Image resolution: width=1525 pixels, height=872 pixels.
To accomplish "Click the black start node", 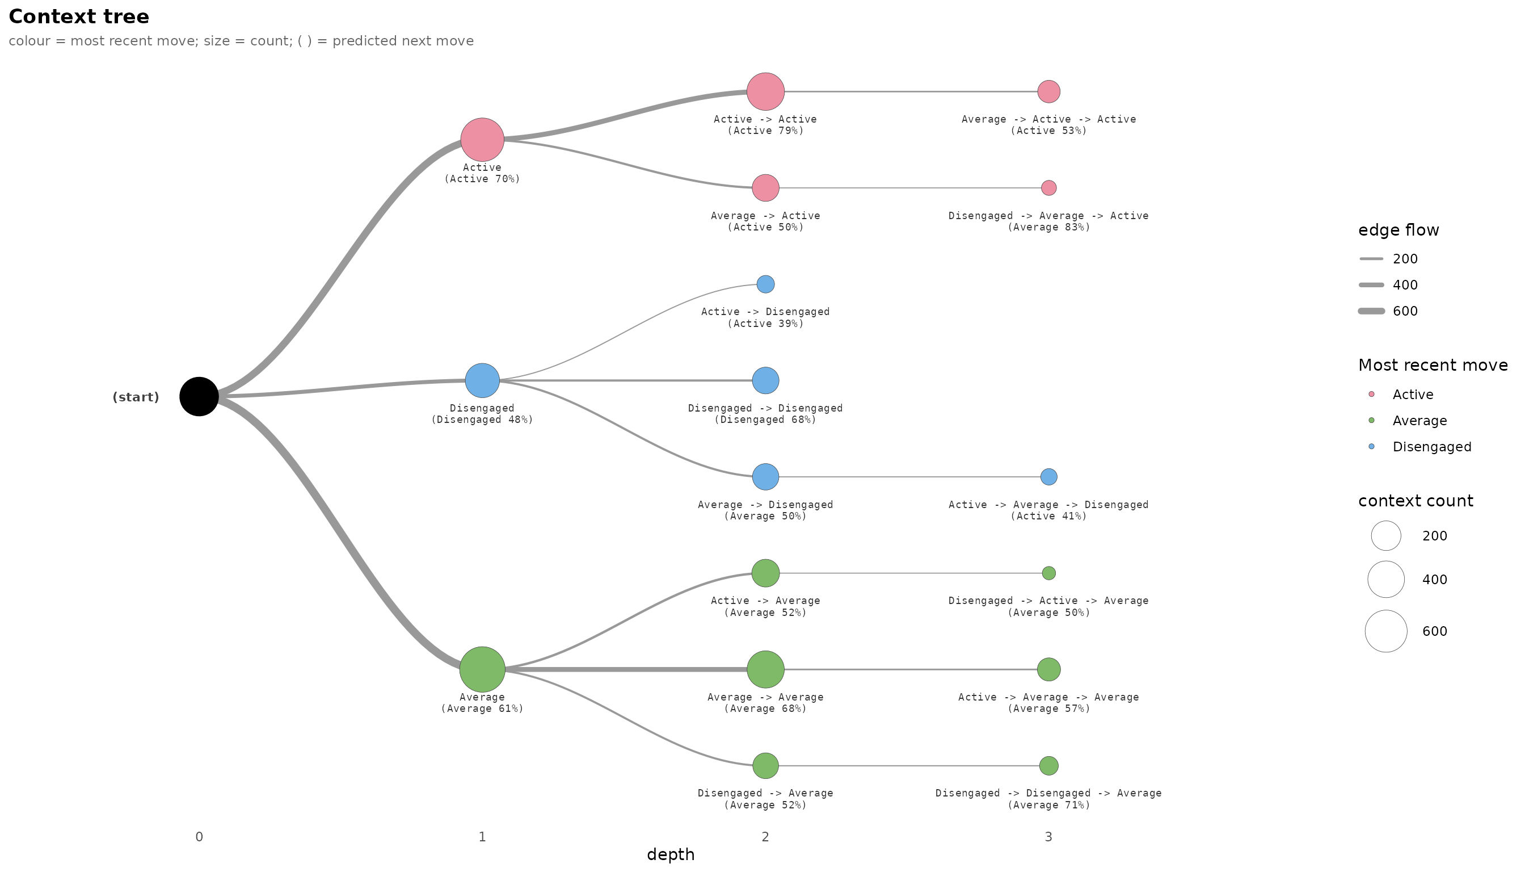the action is [199, 396].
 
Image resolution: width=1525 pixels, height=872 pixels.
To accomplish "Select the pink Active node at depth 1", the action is [482, 140].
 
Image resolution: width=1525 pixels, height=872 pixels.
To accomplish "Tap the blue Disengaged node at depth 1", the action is [482, 380].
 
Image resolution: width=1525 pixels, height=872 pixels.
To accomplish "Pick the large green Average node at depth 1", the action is [482, 669].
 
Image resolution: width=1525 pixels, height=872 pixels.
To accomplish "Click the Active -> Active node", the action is [765, 91].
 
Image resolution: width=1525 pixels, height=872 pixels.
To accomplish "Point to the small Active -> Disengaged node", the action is [765, 284].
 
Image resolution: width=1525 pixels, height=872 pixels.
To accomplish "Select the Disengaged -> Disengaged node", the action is [765, 380].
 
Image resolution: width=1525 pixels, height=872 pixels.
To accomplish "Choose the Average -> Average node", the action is [765, 669].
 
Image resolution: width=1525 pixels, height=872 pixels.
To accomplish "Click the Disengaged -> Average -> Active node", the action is [1048, 188].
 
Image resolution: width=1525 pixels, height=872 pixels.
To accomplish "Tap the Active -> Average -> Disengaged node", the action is [1048, 477].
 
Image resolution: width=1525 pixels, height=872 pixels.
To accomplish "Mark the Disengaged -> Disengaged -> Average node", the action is [1048, 765].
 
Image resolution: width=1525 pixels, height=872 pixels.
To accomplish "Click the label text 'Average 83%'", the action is [1048, 228].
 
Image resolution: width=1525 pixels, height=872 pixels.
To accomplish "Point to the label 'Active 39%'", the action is [765, 324].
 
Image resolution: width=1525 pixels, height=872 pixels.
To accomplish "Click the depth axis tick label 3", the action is [1048, 837].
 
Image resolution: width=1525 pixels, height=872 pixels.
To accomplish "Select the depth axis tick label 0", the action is [199, 837].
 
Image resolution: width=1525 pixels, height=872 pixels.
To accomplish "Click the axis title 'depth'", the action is [671, 854].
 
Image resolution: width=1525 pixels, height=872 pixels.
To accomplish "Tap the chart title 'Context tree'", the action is [79, 17].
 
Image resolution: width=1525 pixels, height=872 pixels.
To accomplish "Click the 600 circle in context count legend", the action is [1386, 631].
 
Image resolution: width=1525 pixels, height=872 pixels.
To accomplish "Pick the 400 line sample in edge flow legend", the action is [1372, 285].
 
